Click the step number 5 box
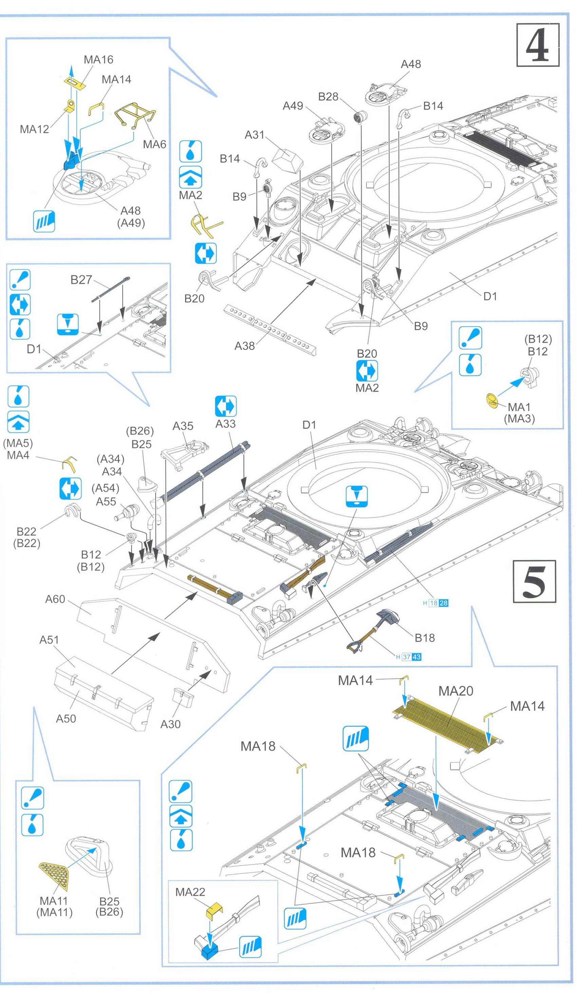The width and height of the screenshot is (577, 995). coord(534,581)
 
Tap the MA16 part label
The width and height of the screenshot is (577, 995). coord(98,60)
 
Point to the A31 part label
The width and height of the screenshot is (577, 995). coord(254,135)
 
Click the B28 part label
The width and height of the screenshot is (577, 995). coord(328,97)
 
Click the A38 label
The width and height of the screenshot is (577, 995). coord(244,346)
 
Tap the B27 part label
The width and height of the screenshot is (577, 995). coord(81,280)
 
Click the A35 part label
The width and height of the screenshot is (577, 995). coord(183,426)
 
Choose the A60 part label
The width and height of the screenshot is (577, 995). coord(55,599)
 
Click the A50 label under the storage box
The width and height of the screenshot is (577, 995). coord(66,718)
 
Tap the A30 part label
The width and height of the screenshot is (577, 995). coord(170,724)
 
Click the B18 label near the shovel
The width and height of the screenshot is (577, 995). coord(425,638)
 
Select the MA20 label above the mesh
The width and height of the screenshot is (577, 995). coord(455,691)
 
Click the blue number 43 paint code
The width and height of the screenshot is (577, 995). coord(416,657)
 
